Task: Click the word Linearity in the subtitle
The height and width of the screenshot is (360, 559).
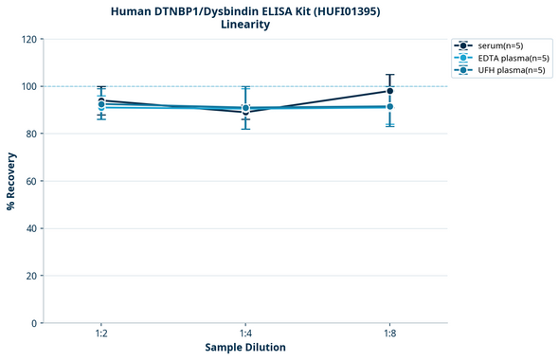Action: point(244,25)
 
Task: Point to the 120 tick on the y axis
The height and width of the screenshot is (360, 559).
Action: point(28,39)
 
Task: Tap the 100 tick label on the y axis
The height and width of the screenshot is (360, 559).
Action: point(28,86)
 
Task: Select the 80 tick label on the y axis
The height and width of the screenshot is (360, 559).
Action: point(31,134)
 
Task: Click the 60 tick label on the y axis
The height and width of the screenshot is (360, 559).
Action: point(31,181)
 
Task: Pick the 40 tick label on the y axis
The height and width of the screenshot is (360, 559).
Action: point(31,228)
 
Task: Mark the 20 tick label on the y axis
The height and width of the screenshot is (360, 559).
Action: point(31,276)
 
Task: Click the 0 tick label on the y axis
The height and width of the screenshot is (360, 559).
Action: point(34,323)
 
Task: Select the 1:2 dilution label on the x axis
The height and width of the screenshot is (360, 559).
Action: point(101,334)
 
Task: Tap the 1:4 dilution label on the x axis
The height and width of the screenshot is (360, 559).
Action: point(245,334)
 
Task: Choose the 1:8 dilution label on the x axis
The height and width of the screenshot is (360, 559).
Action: point(390,334)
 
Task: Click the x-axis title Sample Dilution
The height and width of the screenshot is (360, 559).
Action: point(245,348)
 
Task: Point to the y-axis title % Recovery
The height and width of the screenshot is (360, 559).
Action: point(11,181)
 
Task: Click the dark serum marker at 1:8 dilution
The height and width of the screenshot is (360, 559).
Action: point(390,91)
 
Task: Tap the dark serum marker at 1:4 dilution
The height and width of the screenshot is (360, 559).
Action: point(245,112)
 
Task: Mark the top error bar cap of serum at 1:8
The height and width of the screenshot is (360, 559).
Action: point(390,75)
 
